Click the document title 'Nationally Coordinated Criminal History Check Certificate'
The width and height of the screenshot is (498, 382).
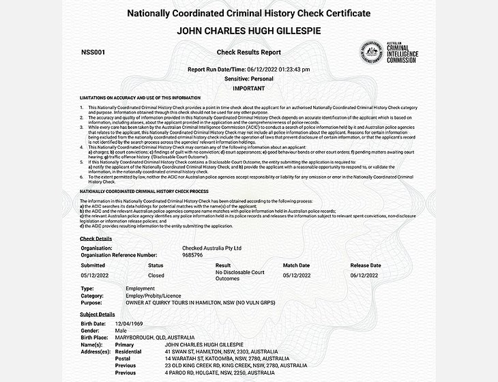249,14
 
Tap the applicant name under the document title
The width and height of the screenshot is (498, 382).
249,31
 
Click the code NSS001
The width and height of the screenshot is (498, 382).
92,52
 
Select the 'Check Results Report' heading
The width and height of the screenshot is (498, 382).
248,52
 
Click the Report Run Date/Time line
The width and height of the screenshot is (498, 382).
248,69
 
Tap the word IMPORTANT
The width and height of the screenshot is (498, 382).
248,89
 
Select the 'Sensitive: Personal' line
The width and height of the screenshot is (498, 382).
248,79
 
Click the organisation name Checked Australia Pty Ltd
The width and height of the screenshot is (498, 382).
212,249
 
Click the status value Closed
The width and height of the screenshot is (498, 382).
156,276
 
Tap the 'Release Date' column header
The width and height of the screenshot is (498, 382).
365,265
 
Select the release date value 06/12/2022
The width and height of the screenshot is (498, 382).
365,276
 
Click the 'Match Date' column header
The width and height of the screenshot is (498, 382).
296,265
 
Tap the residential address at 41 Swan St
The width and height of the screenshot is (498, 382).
222,351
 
